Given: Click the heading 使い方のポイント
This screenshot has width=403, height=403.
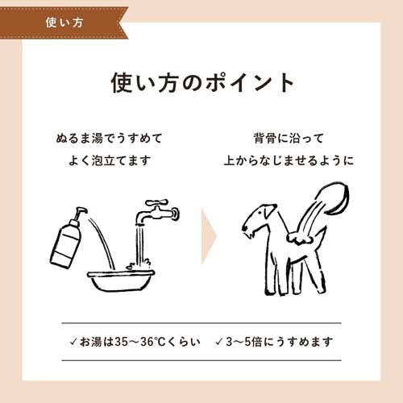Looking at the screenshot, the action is pyautogui.click(x=202, y=82).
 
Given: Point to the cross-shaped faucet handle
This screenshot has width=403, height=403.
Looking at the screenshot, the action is pyautogui.click(x=156, y=202).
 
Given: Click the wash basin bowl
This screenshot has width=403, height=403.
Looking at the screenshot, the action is pyautogui.click(x=121, y=280).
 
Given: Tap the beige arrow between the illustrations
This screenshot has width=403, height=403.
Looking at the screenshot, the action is pyautogui.click(x=209, y=236).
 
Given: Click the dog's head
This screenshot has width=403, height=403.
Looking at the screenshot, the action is pyautogui.click(x=258, y=219).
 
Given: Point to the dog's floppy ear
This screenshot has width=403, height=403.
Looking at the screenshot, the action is pyautogui.click(x=268, y=210).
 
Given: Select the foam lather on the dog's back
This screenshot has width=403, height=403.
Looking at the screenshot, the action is pyautogui.click(x=300, y=239).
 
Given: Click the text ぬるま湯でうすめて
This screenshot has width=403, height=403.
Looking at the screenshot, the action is pyautogui.click(x=109, y=139).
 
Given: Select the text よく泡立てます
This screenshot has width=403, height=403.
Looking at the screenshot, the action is pyautogui.click(x=109, y=160).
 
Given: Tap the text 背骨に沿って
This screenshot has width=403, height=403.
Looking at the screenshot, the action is pyautogui.click(x=289, y=139).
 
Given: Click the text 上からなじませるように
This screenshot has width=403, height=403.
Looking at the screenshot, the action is pyautogui.click(x=289, y=160).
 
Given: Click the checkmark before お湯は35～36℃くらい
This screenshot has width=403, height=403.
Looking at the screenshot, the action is pyautogui.click(x=73, y=342).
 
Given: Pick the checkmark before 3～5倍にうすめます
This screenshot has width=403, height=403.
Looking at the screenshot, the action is pyautogui.click(x=219, y=342).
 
